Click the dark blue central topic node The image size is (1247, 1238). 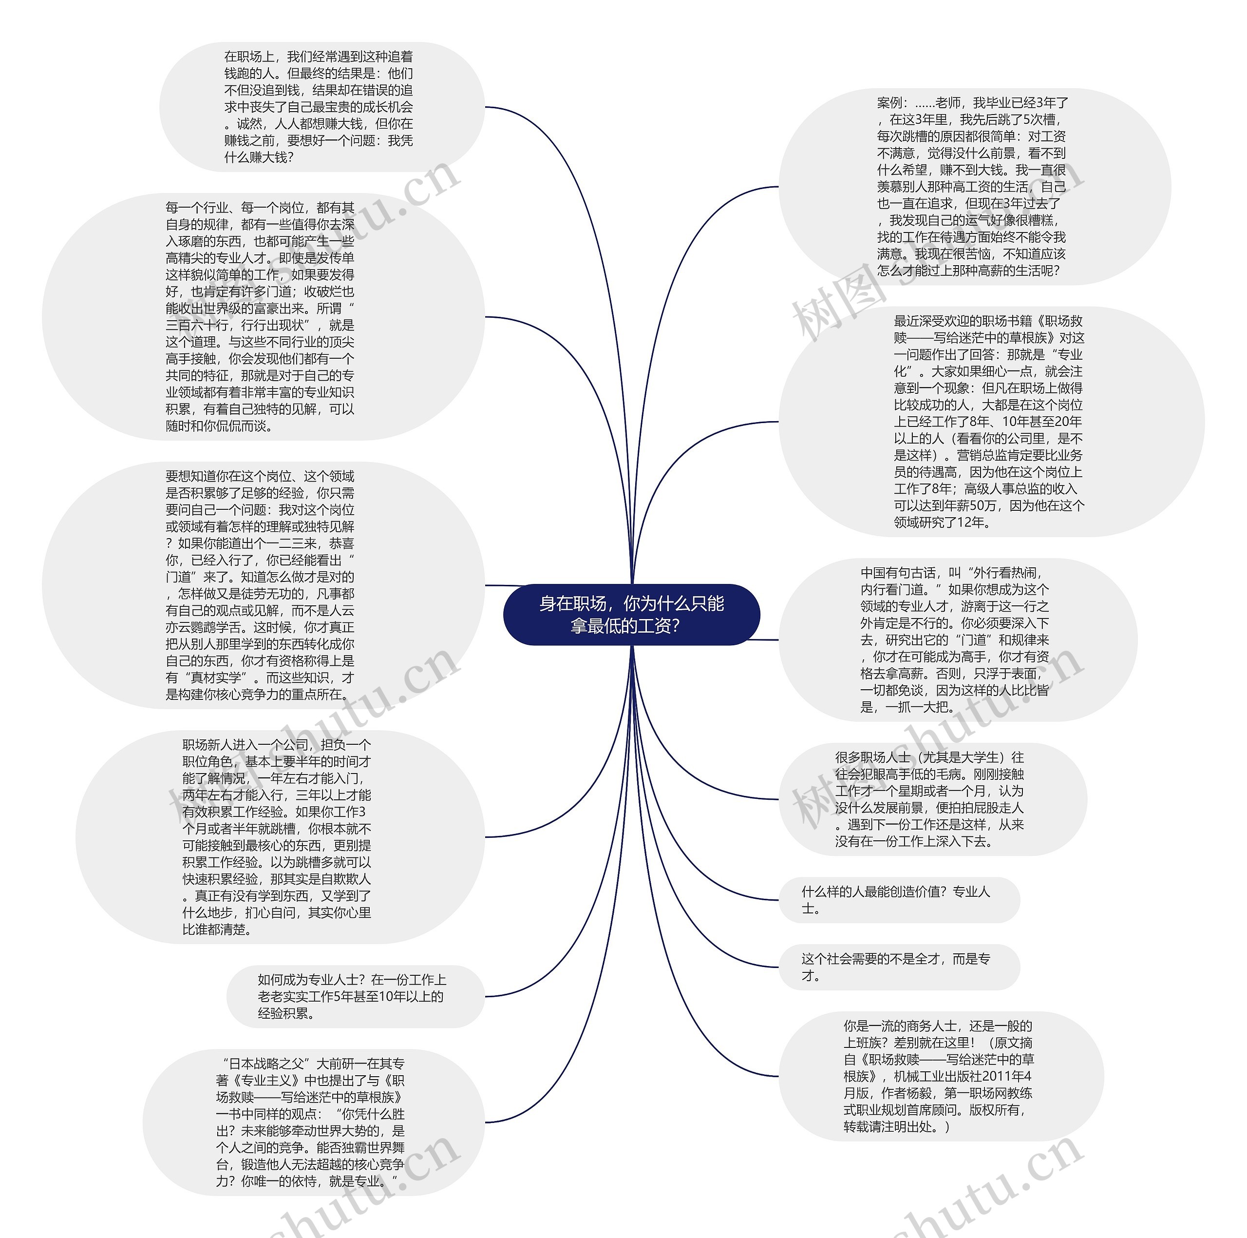coord(631,614)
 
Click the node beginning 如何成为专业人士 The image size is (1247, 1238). coord(354,996)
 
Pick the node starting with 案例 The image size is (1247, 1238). coord(973,187)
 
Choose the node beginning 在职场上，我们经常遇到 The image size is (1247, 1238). coord(321,107)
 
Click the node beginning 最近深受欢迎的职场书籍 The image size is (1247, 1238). coord(991,421)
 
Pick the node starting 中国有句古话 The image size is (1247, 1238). coord(957,639)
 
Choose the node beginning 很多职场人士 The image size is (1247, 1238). coord(932,799)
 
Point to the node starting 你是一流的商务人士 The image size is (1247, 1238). coord(941,1076)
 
